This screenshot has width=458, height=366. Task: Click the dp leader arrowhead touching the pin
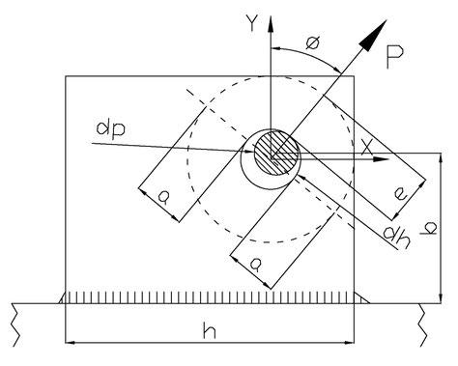[x=250, y=149]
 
